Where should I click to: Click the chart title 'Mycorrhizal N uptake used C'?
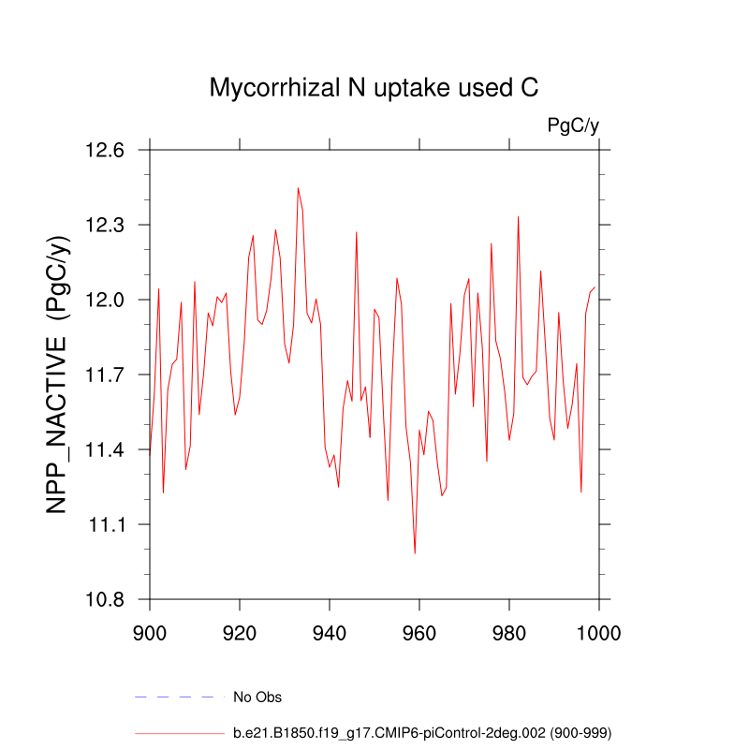pos(374,88)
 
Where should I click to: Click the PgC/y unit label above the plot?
pos(573,125)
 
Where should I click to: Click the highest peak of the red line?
pos(298,187)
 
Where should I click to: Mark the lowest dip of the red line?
pos(415,553)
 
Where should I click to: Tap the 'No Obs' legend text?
pos(257,697)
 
